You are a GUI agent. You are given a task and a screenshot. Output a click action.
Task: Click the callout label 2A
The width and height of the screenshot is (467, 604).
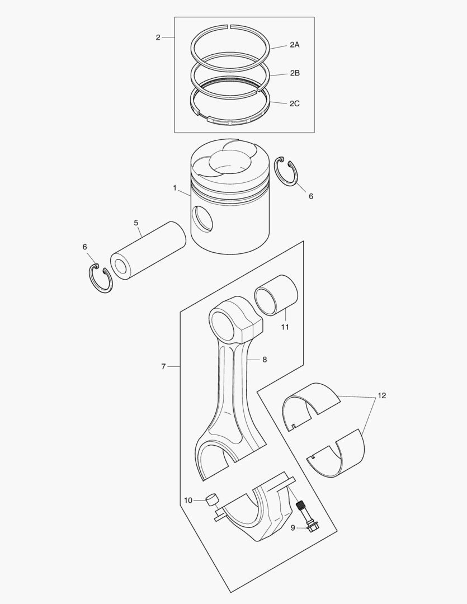pos(294,45)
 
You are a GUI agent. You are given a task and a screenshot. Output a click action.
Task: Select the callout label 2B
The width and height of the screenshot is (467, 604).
pos(294,73)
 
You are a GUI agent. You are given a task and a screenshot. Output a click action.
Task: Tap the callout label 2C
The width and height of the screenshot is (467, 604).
pos(294,103)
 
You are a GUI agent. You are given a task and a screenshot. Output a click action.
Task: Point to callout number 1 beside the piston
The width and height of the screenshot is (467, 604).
pos(175,188)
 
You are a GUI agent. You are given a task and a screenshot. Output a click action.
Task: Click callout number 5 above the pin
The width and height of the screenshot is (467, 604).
pos(136,223)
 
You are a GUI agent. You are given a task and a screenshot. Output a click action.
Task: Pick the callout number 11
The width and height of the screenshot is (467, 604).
pos(285,327)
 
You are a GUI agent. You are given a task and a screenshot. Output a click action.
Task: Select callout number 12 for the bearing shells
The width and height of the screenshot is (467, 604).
pos(381,395)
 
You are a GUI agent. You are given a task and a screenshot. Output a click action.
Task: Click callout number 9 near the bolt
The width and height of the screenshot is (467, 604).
pos(293,527)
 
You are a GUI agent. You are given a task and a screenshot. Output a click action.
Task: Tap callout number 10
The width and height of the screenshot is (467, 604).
pos(188,500)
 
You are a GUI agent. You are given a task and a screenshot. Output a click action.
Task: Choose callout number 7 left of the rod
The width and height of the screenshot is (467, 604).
pos(163,366)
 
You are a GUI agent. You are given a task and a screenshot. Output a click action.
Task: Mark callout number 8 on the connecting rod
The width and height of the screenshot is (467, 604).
pos(265,360)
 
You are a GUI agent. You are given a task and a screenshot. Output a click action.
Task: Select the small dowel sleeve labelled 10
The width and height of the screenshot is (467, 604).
pos(211,499)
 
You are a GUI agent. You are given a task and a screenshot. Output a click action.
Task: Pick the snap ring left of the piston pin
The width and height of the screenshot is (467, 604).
pos(101,278)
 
